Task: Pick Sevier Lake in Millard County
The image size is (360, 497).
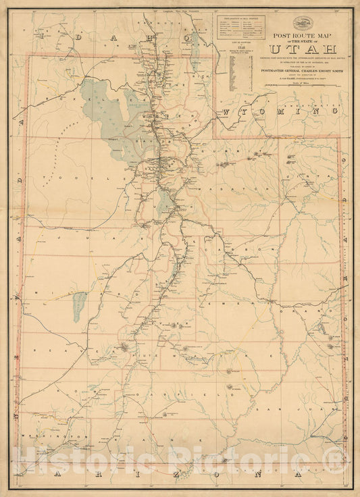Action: point(80,307)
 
